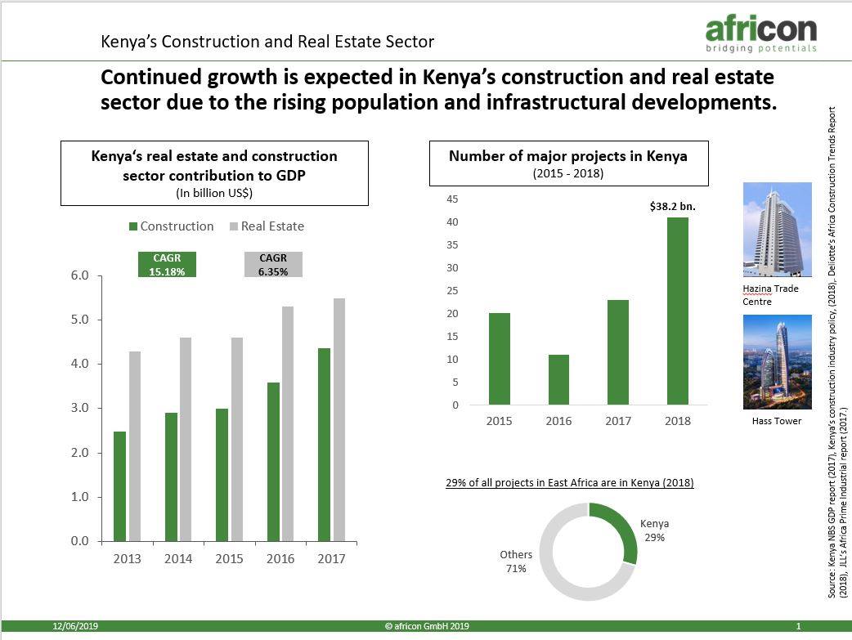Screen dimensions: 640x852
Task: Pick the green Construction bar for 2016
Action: (x=273, y=462)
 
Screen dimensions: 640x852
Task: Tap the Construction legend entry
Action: (x=171, y=226)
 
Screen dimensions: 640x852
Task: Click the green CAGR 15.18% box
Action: (x=167, y=265)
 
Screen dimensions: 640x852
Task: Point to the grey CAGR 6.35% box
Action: (x=273, y=265)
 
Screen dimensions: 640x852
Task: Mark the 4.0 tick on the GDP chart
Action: (x=79, y=364)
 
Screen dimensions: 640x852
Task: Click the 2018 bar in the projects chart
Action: (x=678, y=311)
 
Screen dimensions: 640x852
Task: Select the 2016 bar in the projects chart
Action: (x=559, y=379)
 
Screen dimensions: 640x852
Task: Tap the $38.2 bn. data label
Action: (x=672, y=207)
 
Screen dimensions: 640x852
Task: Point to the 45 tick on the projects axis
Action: (x=452, y=199)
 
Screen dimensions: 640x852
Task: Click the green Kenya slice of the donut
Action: (x=622, y=530)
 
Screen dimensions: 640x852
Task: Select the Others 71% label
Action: (x=515, y=562)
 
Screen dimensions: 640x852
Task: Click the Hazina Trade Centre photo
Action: (x=776, y=230)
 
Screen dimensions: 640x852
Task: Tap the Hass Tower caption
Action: (x=776, y=421)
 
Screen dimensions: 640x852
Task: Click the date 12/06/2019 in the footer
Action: (x=74, y=626)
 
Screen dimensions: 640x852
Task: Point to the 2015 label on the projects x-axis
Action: (x=500, y=421)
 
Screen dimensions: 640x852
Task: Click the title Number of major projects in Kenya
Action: (x=568, y=156)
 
